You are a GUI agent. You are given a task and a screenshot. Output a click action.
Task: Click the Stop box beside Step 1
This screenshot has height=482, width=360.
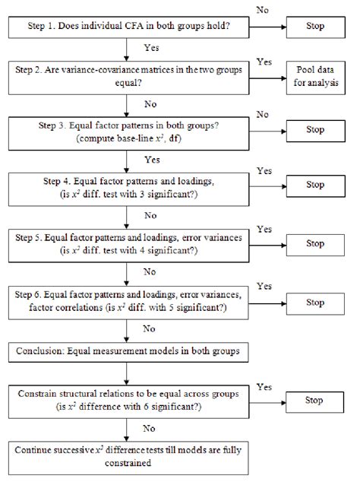[314, 27]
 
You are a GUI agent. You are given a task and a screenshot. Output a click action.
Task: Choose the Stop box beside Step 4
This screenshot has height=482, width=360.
[314, 184]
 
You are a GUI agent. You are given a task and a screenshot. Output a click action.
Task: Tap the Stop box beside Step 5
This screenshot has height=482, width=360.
[314, 243]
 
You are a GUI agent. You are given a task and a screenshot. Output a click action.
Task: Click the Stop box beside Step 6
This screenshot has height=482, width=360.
[314, 303]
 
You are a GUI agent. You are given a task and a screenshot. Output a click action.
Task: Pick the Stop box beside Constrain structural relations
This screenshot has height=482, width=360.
[314, 400]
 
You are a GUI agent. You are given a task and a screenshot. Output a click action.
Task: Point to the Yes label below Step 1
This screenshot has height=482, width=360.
[150, 46]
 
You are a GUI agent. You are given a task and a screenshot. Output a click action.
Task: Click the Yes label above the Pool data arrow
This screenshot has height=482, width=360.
[264, 60]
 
